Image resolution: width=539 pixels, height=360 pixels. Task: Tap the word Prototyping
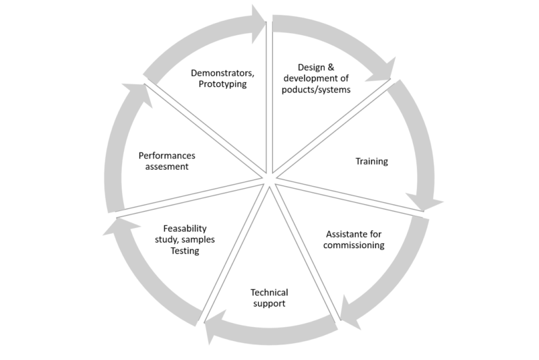pyautogui.click(x=222, y=84)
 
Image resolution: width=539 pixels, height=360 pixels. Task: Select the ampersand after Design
pyautogui.click(x=330, y=67)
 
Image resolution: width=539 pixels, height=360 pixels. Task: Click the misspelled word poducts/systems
pyautogui.click(x=316, y=90)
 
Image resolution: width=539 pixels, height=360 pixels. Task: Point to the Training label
pyautogui.click(x=372, y=161)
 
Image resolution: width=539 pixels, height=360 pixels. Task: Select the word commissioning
pyautogui.click(x=354, y=245)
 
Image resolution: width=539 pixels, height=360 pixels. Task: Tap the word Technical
pyautogui.click(x=269, y=293)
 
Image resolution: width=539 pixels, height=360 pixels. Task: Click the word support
pyautogui.click(x=269, y=304)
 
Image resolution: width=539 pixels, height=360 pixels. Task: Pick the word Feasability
pyautogui.click(x=185, y=229)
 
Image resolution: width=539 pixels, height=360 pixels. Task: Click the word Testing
pyautogui.click(x=185, y=251)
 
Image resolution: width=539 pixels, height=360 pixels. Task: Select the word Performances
pyautogui.click(x=166, y=156)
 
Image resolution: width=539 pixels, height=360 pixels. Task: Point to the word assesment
pyautogui.click(x=166, y=167)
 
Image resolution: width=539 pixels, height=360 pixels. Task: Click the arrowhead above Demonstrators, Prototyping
pyautogui.click(x=259, y=24)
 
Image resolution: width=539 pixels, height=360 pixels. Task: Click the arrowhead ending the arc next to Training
pyautogui.click(x=424, y=203)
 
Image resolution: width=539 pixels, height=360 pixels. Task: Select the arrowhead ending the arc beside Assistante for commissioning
pyautogui.click(x=349, y=312)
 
